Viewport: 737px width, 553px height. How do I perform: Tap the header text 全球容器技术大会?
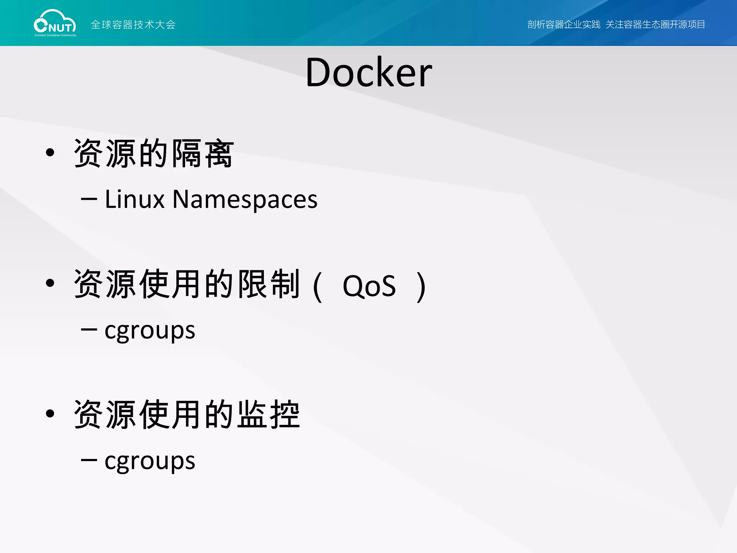(133, 24)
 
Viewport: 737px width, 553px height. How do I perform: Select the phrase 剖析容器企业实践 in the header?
(564, 24)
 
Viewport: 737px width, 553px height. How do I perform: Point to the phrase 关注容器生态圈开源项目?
(655, 24)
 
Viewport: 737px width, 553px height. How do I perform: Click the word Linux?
(135, 199)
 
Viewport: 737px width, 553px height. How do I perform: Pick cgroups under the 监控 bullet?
(150, 461)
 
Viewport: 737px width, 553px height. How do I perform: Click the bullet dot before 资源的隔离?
(50, 153)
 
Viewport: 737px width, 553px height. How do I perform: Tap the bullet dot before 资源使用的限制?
(50, 283)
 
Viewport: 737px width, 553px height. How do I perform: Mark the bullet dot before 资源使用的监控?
(50, 414)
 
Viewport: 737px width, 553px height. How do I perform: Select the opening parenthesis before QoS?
(317, 287)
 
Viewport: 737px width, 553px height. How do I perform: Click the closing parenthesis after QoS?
(421, 287)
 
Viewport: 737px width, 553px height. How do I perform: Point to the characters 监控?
(268, 414)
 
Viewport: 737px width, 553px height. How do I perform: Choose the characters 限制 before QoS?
(268, 284)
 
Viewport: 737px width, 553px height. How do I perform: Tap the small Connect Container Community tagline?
(55, 35)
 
